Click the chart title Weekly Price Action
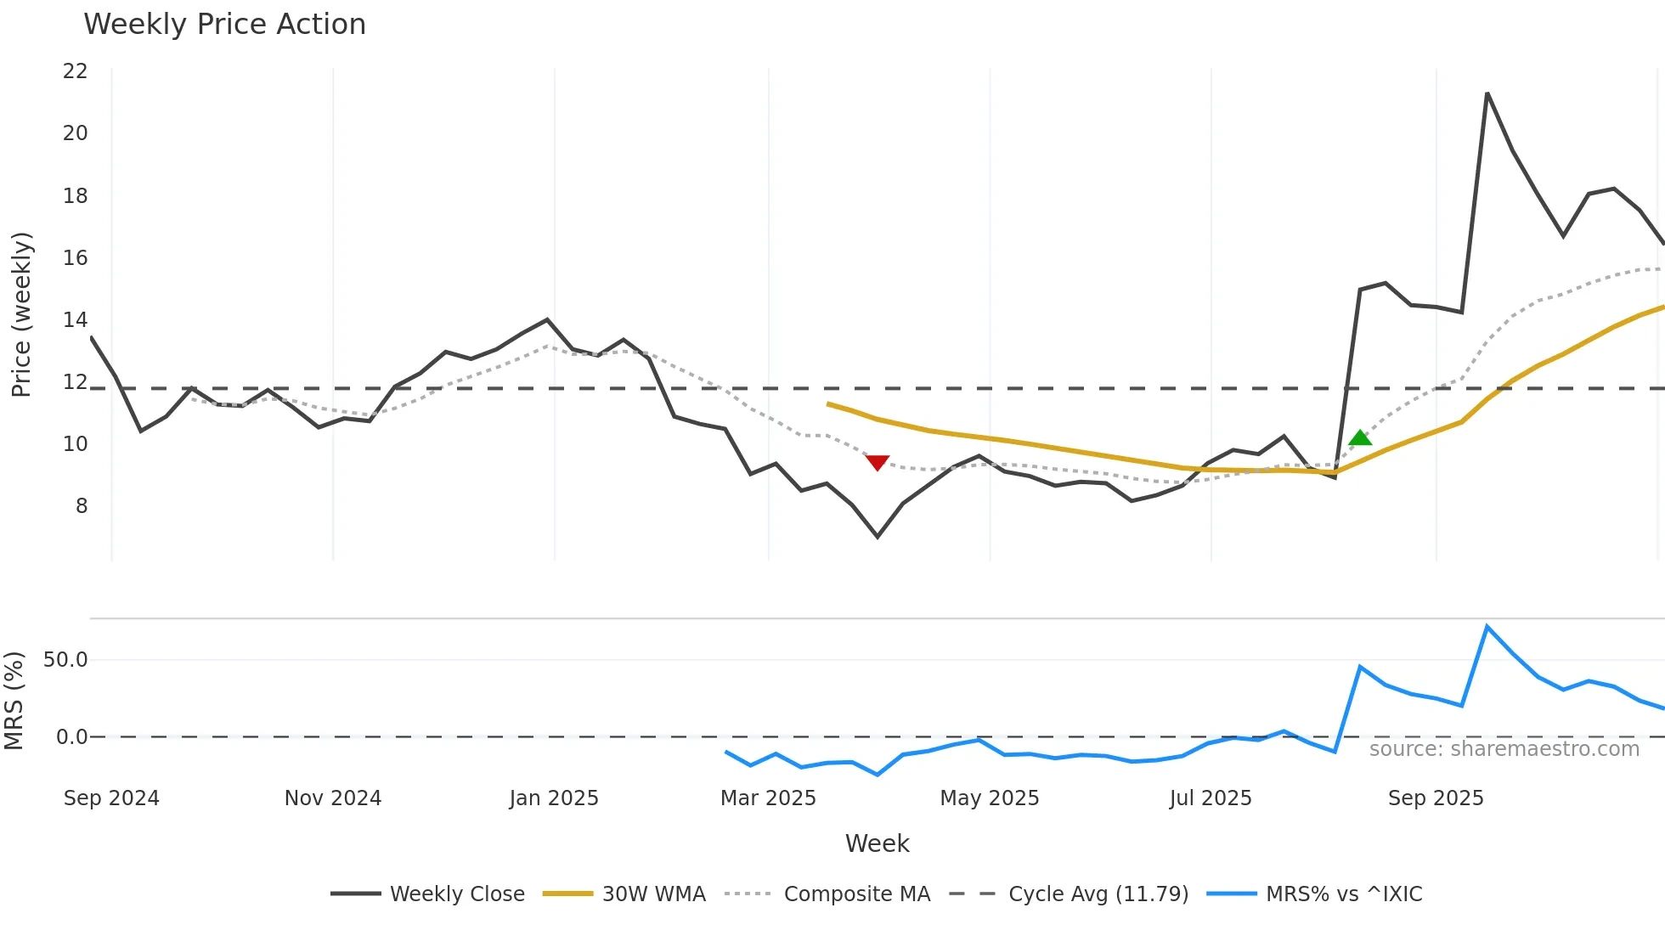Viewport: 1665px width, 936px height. pyautogui.click(x=224, y=25)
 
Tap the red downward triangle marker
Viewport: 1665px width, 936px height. pyautogui.click(x=877, y=462)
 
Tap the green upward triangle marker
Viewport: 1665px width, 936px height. pyautogui.click(x=1360, y=438)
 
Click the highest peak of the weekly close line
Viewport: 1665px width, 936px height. pyautogui.click(x=1487, y=93)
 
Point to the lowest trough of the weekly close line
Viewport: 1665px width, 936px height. pyautogui.click(x=878, y=537)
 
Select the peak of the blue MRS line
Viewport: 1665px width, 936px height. pyautogui.click(x=1487, y=627)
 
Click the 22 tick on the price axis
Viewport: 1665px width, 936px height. pyautogui.click(x=75, y=71)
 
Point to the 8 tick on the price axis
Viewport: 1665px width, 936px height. pyautogui.click(x=81, y=506)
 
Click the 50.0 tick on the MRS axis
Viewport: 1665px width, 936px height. pyautogui.click(x=65, y=660)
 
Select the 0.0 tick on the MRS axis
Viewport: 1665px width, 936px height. pyautogui.click(x=71, y=737)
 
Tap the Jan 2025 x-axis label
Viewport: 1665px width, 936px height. pyautogui.click(x=554, y=798)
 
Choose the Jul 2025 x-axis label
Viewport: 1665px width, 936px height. pyautogui.click(x=1211, y=798)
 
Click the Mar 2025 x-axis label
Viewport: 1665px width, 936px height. pyautogui.click(x=768, y=798)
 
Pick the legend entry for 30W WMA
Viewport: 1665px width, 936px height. pyautogui.click(x=653, y=894)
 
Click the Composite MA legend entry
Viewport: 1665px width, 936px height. pyautogui.click(x=856, y=894)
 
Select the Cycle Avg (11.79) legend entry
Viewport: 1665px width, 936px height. pyautogui.click(x=1098, y=894)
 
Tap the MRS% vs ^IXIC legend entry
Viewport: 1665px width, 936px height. pyautogui.click(x=1343, y=894)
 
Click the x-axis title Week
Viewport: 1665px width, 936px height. pyautogui.click(x=877, y=843)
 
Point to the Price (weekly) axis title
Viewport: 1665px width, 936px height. pyautogui.click(x=21, y=314)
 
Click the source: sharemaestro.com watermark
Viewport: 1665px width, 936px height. pyautogui.click(x=1504, y=749)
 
